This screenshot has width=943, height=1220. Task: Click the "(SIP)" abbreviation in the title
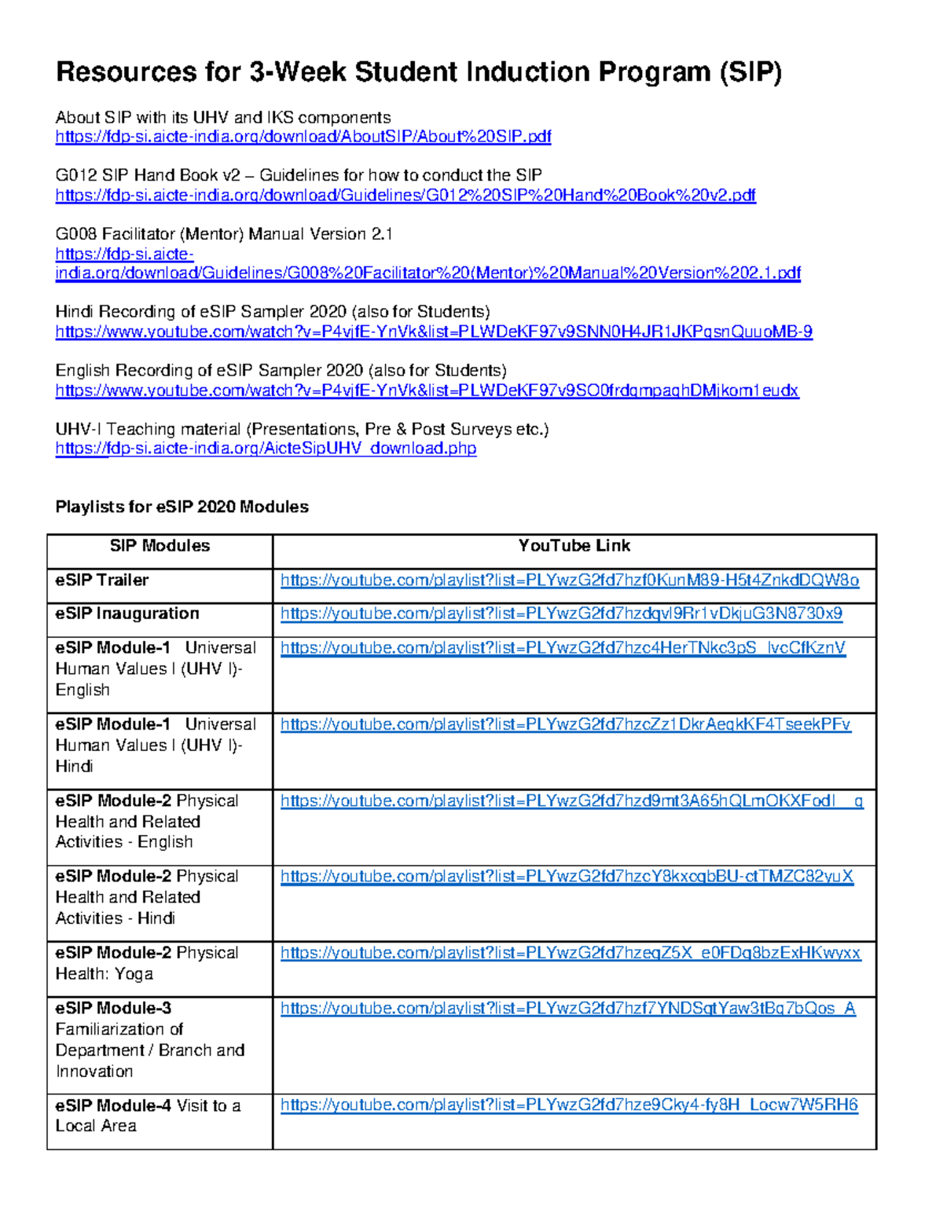tap(749, 72)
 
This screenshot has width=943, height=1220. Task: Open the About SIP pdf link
tap(303, 137)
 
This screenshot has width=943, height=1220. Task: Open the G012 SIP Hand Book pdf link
tap(405, 195)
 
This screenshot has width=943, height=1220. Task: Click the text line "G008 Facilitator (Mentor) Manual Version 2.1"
tap(223, 234)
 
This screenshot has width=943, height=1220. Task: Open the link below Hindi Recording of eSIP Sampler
tap(433, 332)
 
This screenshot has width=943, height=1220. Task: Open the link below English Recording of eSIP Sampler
tap(427, 390)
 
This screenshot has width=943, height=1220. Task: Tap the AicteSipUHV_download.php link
tap(266, 449)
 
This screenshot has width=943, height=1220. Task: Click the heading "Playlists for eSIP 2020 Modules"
tap(182, 507)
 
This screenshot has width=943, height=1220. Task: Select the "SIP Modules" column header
tap(160, 546)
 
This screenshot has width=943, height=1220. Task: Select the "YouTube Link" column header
tap(574, 546)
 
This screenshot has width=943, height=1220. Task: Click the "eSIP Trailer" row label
tap(101, 581)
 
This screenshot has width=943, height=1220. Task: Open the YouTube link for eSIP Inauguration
tap(561, 614)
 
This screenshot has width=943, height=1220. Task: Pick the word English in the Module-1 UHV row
tap(83, 690)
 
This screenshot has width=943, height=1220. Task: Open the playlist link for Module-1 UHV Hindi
tap(565, 724)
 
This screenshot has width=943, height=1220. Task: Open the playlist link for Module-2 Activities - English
tap(571, 801)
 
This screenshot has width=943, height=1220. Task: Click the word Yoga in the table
tap(134, 974)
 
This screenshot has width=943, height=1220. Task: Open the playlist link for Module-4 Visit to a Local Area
tap(569, 1105)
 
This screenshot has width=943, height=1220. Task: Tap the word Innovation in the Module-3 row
tap(94, 1072)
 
